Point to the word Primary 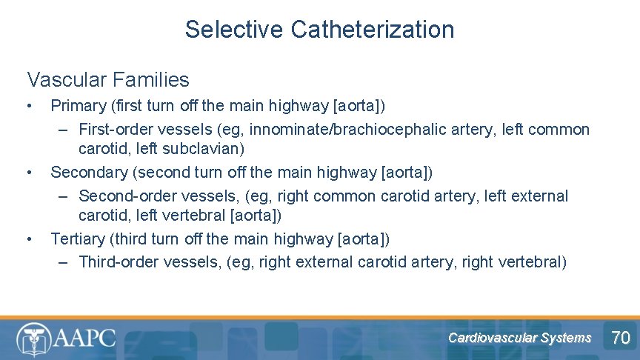pyautogui.click(x=78, y=106)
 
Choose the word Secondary pyautogui.click(x=90, y=173)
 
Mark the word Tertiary pyautogui.click(x=77, y=239)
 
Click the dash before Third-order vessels pyautogui.click(x=64, y=262)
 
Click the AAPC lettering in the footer pyautogui.click(x=83, y=338)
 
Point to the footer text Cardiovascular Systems pyautogui.click(x=519, y=338)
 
